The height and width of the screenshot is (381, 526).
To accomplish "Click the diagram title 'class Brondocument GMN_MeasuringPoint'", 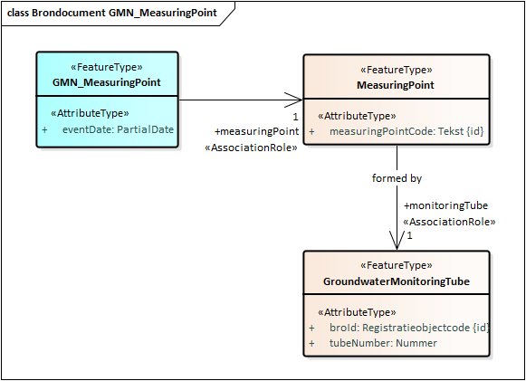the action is point(111,13).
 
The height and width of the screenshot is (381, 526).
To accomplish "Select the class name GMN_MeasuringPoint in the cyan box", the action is point(107,82).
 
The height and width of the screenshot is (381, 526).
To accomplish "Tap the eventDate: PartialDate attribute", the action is point(118,129).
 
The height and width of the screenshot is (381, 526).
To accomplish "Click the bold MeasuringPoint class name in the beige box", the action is point(396,85).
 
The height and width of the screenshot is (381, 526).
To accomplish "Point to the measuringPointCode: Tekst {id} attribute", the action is point(406,131).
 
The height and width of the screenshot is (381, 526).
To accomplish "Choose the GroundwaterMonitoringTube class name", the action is point(397,281).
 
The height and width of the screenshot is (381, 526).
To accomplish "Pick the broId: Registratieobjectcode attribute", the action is point(409,328).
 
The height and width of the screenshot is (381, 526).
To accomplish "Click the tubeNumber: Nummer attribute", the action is point(383,343).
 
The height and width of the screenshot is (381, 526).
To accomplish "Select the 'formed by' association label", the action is point(397,178).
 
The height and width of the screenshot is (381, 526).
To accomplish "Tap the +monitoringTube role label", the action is point(445,205).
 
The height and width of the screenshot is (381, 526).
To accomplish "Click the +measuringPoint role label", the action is point(256,131).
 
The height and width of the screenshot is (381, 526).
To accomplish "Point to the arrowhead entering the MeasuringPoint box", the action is point(293,100).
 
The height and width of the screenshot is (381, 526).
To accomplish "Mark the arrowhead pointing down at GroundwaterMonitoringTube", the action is point(397,240).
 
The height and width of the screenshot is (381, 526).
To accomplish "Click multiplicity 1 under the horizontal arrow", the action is point(295,117).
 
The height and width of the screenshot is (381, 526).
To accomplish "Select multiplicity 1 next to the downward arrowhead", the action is point(409,236).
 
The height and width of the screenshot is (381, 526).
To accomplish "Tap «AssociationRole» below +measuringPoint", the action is point(251,148).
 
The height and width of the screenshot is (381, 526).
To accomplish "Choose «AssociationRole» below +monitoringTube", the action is point(449,222).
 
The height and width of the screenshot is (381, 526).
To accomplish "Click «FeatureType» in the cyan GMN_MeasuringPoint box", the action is point(107,67).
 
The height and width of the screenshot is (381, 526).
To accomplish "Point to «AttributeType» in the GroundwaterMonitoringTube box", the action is point(357,312).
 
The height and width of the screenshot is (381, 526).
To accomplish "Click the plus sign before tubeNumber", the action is point(312,343).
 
